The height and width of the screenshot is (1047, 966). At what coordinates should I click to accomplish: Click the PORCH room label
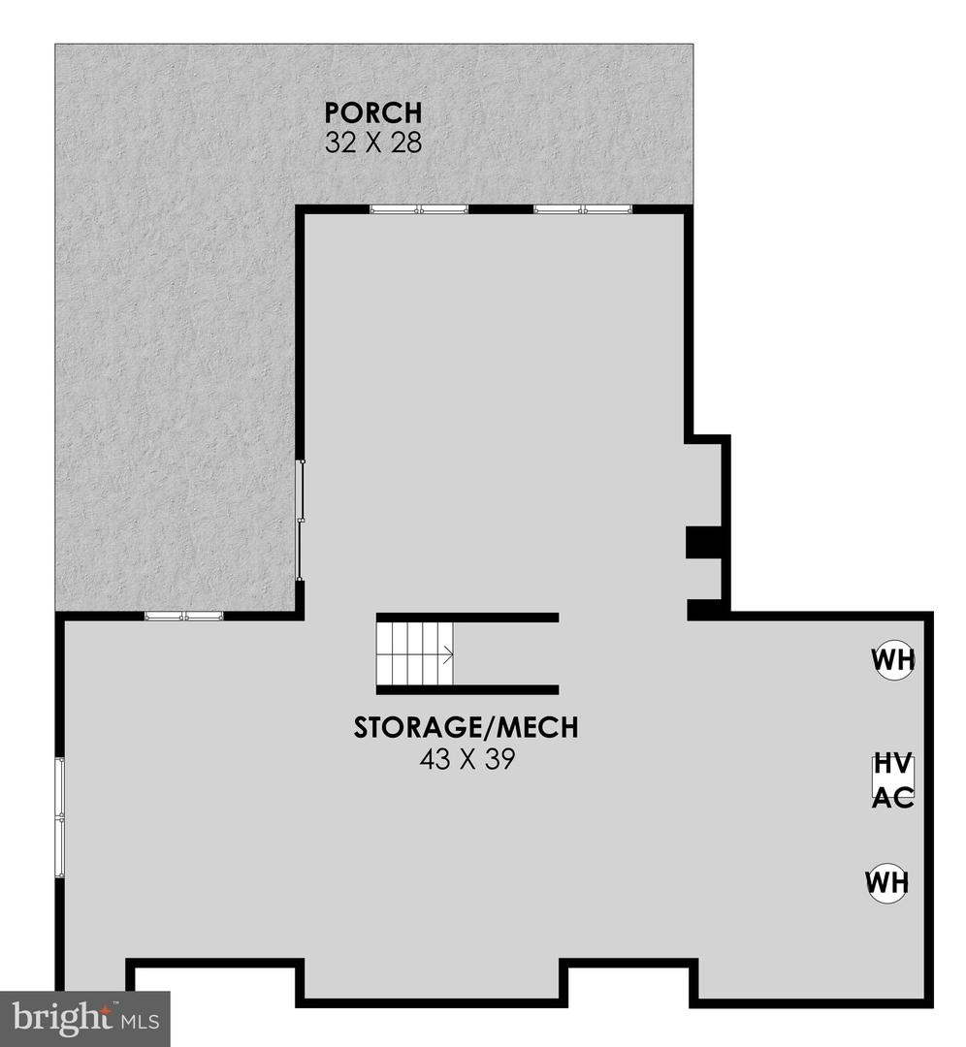[373, 111]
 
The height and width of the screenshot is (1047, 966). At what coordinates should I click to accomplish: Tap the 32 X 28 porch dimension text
[373, 143]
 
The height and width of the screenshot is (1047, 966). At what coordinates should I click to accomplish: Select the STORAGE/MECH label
[466, 728]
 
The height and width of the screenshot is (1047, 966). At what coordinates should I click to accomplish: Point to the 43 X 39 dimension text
[466, 759]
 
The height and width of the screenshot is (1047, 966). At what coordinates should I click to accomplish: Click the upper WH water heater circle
[891, 660]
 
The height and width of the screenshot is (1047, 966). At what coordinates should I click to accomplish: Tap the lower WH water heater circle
[887, 882]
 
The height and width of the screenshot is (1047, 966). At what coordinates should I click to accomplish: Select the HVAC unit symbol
[891, 778]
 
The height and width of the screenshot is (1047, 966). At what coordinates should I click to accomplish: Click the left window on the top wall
[419, 208]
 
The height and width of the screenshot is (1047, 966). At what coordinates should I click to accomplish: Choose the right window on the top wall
[583, 208]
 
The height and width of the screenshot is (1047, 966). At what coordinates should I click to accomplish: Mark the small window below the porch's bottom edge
[184, 616]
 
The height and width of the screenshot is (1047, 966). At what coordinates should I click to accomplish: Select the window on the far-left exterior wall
[60, 818]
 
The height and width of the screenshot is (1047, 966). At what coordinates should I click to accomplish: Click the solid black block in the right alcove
[702, 543]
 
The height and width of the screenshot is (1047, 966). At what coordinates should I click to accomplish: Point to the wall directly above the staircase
[467, 617]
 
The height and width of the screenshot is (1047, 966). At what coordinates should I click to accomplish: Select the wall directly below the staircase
[467, 690]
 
